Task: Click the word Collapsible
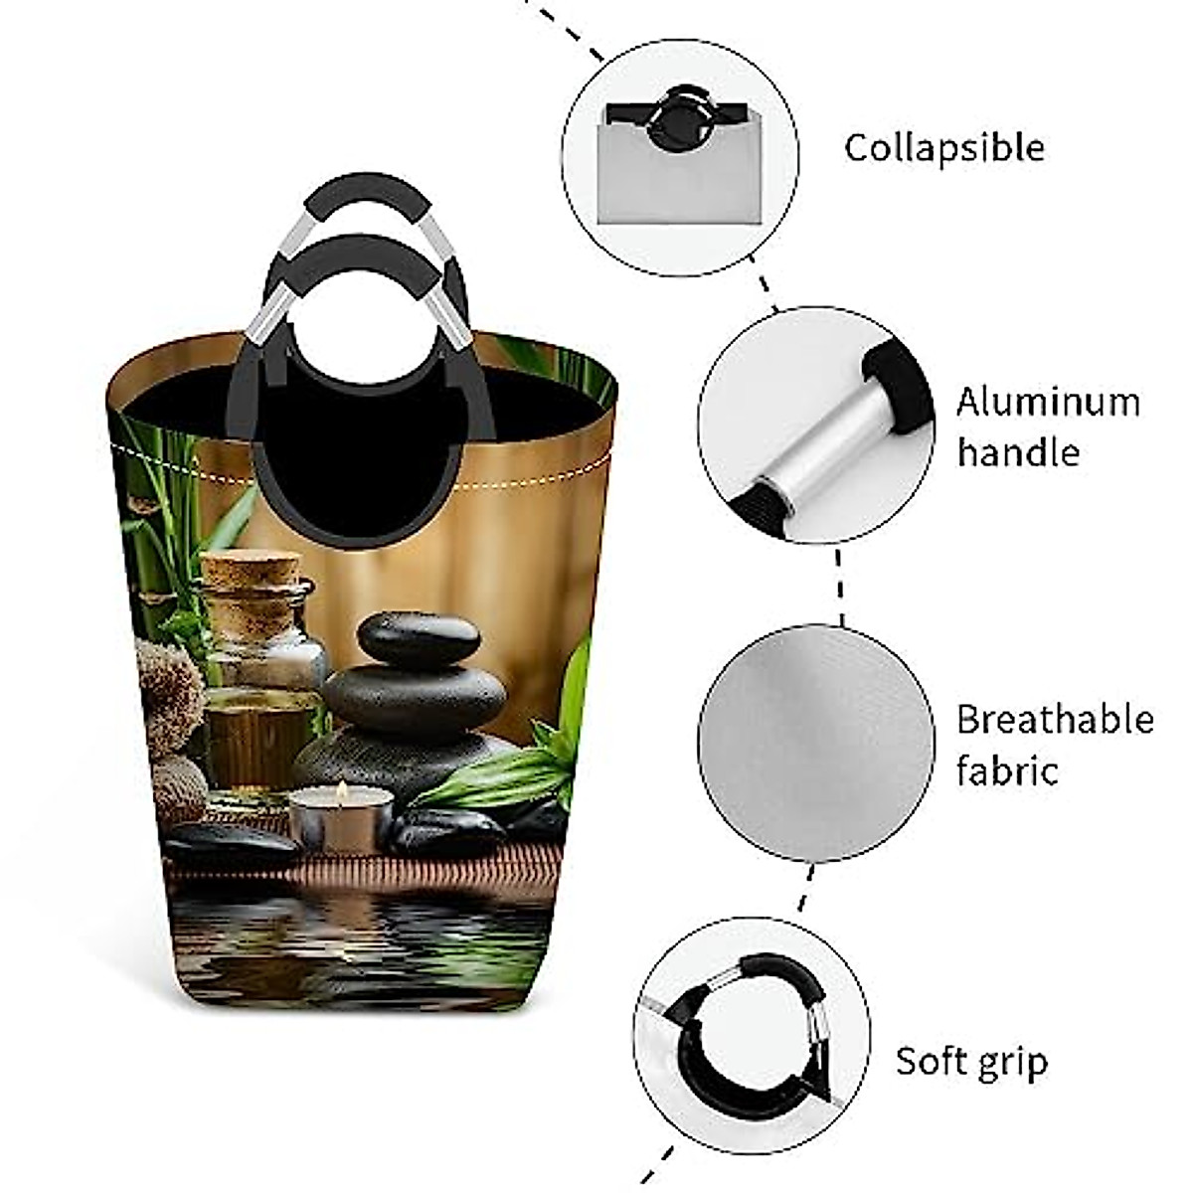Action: pyautogui.click(x=943, y=148)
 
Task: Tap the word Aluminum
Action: pyautogui.click(x=1048, y=403)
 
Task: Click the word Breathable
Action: pyautogui.click(x=1054, y=719)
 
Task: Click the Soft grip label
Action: pyautogui.click(x=971, y=1061)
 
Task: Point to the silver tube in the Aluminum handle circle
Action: pyautogui.click(x=815, y=427)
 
